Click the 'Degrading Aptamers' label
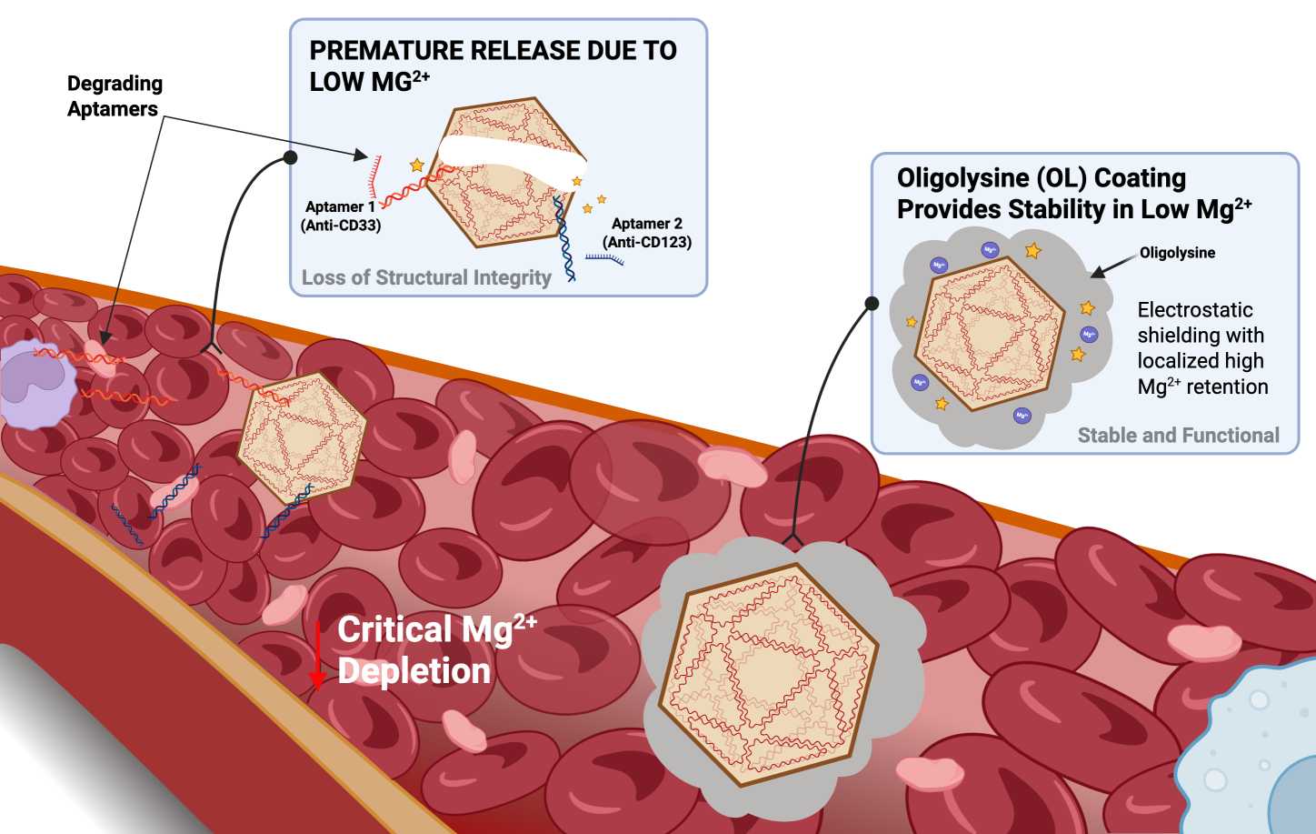[115, 95]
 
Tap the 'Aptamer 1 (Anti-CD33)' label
[341, 216]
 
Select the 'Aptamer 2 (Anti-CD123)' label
[647, 233]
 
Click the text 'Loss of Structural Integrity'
[426, 277]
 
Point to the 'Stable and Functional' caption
[1179, 435]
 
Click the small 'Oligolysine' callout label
[1177, 253]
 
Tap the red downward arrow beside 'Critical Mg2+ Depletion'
[318, 655]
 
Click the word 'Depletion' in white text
[414, 670]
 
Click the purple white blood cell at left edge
[36, 383]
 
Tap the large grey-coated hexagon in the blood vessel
[782, 676]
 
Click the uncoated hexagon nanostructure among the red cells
[302, 437]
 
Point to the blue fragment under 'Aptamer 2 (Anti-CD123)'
[604, 258]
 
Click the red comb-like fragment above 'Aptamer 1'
[374, 176]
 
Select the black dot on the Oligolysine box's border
[872, 303]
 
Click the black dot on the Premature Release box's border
[290, 157]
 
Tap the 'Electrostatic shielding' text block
[1202, 348]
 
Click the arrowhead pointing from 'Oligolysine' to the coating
[1096, 272]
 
